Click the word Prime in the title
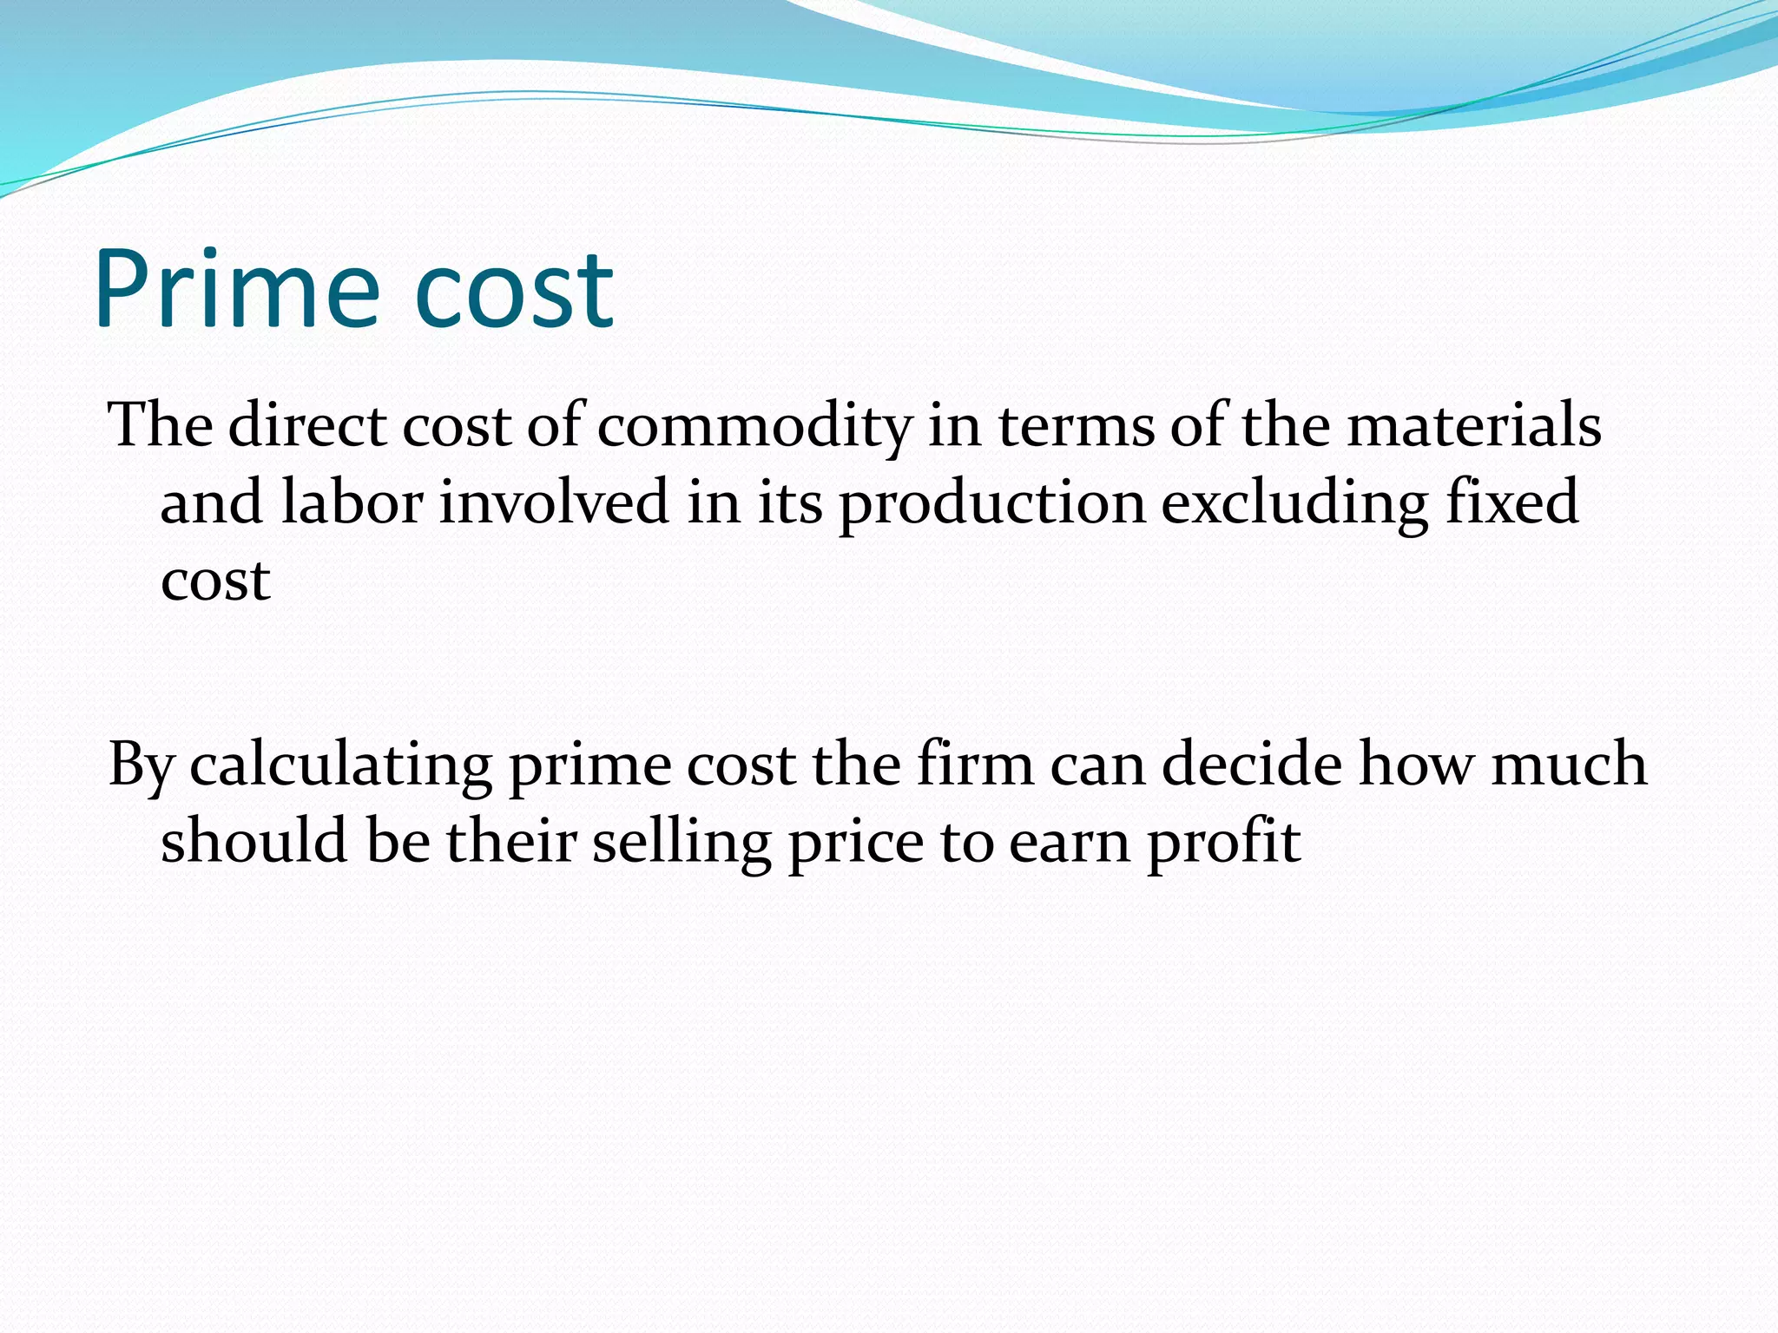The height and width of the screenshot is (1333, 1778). click(236, 289)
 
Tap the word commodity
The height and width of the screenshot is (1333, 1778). click(754, 427)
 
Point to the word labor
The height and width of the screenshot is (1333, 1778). click(352, 502)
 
